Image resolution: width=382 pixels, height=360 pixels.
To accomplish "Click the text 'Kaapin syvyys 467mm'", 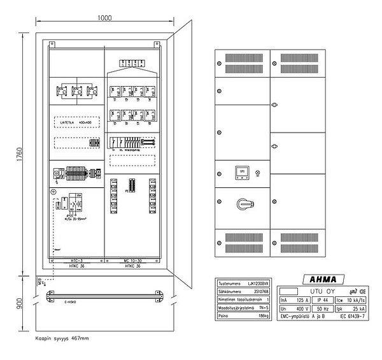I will [x=62, y=338].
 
